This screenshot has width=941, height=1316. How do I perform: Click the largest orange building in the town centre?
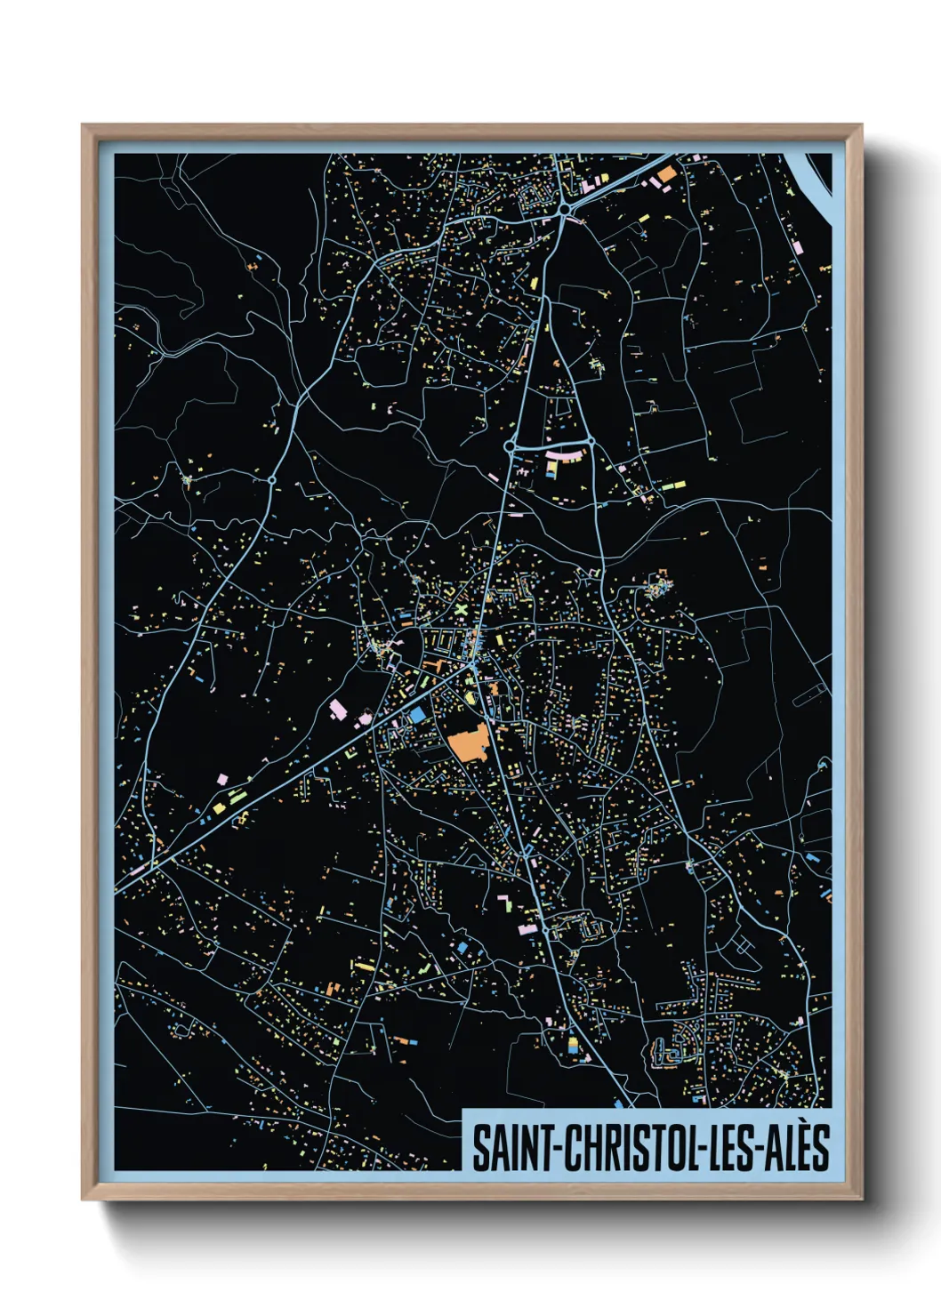468,742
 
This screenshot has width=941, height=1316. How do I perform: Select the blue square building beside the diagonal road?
415,714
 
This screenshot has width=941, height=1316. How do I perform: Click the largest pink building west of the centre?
338,709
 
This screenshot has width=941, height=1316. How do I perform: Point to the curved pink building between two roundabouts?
566,455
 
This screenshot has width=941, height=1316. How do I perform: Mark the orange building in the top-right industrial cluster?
667,174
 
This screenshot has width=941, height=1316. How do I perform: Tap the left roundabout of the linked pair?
510,445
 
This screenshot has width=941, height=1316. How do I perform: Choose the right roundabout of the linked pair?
590,440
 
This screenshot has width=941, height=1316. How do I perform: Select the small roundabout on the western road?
271,480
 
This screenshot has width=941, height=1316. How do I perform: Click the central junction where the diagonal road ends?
472,664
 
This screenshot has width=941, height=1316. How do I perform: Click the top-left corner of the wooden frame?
83,125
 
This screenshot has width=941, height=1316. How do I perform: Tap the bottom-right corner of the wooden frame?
861,1199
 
